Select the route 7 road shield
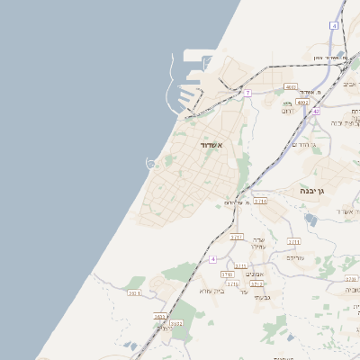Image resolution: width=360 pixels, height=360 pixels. pos(247,93)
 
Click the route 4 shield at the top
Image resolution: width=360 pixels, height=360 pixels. pos(334,26)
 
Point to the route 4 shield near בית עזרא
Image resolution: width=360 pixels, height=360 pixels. pos(213,259)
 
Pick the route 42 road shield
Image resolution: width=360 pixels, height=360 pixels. pos(316,111)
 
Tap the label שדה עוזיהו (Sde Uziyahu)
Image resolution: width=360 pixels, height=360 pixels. pos(258,240)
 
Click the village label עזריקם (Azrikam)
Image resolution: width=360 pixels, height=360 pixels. pos(295,257)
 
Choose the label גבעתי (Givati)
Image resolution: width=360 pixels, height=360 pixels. pos(261,297)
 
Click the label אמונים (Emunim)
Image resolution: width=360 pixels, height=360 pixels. pos(255,274)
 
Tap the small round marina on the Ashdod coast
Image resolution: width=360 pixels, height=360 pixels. pos(151,163)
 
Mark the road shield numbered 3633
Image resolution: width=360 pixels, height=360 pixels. pos(160,317)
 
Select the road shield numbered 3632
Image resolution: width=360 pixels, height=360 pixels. pos(176,323)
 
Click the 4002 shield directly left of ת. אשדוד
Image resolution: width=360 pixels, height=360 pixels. pos(291,86)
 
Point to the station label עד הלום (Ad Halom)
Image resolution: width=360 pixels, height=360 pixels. pos(238,202)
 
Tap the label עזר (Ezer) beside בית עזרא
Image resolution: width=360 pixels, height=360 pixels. pos(244,291)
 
